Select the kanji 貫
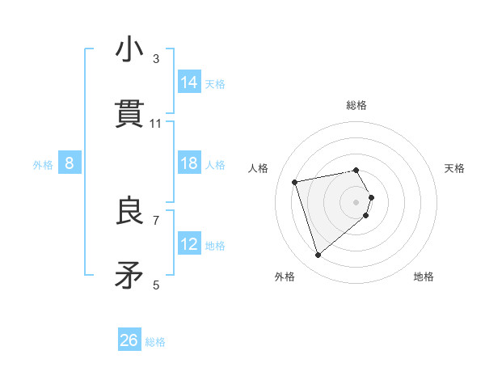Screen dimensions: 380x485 click(129, 115)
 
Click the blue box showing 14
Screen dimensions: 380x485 click(189, 82)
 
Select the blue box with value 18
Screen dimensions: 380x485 click(189, 163)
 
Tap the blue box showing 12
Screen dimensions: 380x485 click(189, 244)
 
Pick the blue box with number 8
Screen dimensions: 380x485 click(70, 163)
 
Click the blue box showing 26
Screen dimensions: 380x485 click(129, 340)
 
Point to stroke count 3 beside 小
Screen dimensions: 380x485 click(156, 58)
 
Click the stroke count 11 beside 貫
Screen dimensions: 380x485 click(156, 123)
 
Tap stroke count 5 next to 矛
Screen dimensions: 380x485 click(156, 285)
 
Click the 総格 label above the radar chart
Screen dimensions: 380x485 click(356, 105)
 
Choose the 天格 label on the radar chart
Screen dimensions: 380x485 click(454, 168)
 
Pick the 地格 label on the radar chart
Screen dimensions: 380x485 click(424, 277)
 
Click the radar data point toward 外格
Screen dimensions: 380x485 click(318, 255)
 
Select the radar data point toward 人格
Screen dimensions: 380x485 click(296, 181)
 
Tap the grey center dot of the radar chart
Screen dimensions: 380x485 click(356, 201)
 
